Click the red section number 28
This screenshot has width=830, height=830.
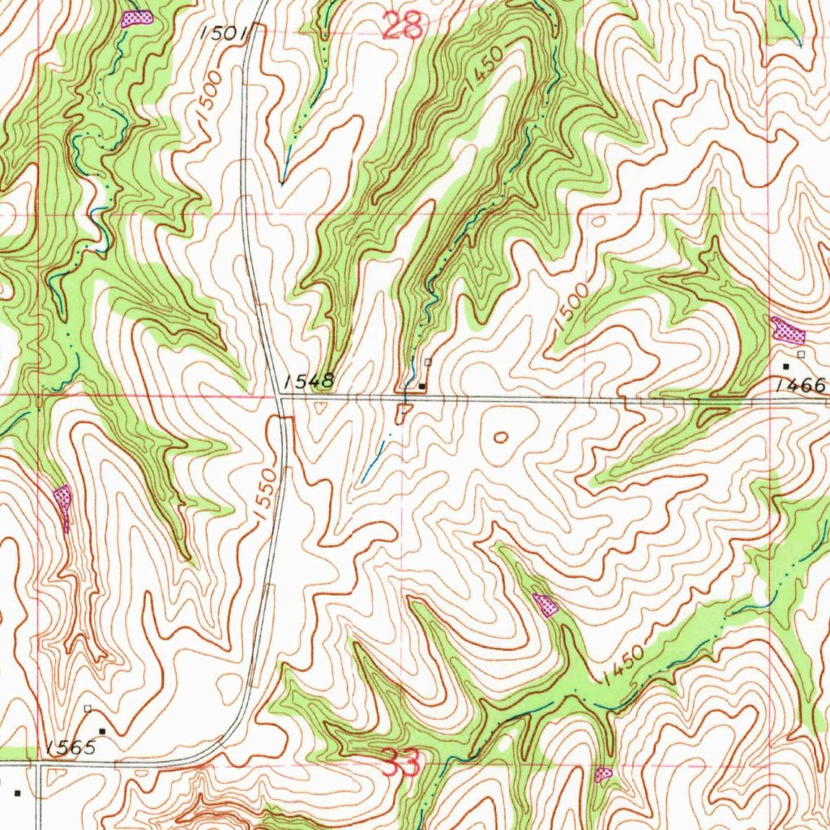click(x=403, y=27)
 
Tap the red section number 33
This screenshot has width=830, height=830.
click(x=403, y=763)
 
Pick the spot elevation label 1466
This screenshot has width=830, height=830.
click(x=799, y=387)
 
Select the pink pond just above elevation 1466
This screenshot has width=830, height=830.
click(x=787, y=329)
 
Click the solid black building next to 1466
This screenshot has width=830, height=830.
click(x=785, y=366)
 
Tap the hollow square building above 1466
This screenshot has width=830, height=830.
click(x=801, y=354)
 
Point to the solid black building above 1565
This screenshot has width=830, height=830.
click(x=102, y=731)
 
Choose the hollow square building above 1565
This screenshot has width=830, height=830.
click(x=88, y=708)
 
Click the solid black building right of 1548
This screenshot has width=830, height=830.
click(x=421, y=386)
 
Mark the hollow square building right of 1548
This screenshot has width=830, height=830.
click(x=428, y=362)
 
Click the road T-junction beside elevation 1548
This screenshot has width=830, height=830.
click(x=279, y=396)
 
